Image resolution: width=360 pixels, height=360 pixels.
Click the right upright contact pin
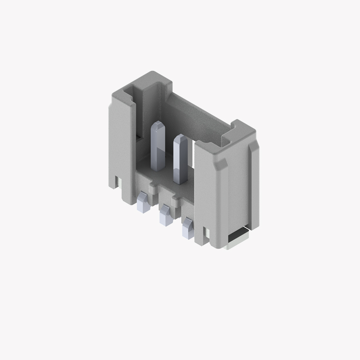(x=180, y=162)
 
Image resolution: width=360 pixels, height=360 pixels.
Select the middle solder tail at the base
(x=165, y=215)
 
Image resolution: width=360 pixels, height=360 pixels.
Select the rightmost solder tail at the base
(x=188, y=227)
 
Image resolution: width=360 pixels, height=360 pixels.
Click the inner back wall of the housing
(x=196, y=119)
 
